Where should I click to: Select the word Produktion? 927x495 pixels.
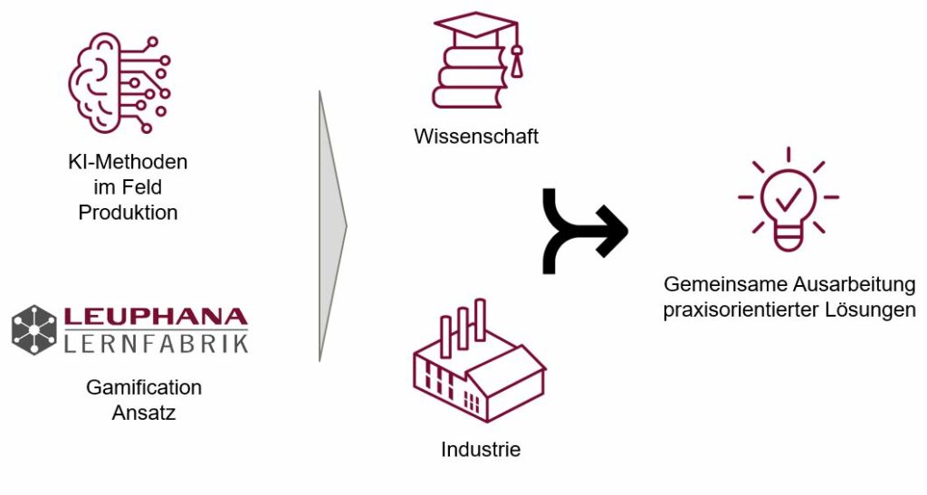(x=128, y=214)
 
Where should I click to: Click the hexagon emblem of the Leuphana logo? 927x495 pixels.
(x=34, y=329)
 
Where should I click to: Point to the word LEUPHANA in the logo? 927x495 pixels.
(x=155, y=317)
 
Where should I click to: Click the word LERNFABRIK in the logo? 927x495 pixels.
(x=155, y=343)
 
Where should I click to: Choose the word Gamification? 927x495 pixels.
(x=144, y=387)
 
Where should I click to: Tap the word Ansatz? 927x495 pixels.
(x=144, y=413)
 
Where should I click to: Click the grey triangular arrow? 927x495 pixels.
(x=331, y=224)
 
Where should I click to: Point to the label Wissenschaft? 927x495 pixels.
(x=476, y=137)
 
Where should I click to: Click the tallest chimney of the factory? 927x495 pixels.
(x=480, y=319)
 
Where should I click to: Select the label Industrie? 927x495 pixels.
(x=481, y=449)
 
